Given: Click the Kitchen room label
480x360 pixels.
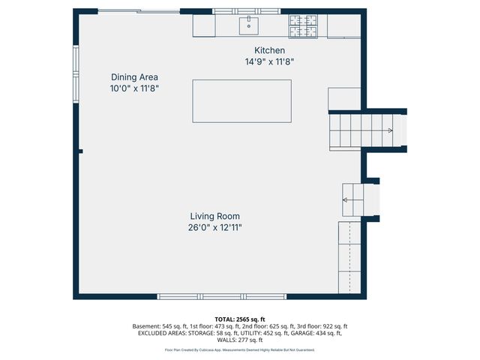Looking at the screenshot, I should pos(259,50).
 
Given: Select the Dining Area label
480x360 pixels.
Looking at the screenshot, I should pos(134,76).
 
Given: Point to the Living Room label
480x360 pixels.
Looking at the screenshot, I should pos(214,216).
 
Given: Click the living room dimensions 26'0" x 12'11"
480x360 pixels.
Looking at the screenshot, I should pos(214,227).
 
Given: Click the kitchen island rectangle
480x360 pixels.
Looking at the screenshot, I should pos(241,100).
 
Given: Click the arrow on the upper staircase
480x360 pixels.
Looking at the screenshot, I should pos(389,130).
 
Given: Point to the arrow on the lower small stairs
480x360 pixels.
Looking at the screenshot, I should pos(346,199).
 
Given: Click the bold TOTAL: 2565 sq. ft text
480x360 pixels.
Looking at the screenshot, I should pos(239,319).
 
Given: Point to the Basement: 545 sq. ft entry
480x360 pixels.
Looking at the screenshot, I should pos(158,327).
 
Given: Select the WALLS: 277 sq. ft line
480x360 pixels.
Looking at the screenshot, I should pos(239,340).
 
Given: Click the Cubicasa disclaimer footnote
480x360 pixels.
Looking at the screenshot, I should pos(239,349).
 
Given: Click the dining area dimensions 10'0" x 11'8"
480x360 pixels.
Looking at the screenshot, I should pos(134,88).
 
